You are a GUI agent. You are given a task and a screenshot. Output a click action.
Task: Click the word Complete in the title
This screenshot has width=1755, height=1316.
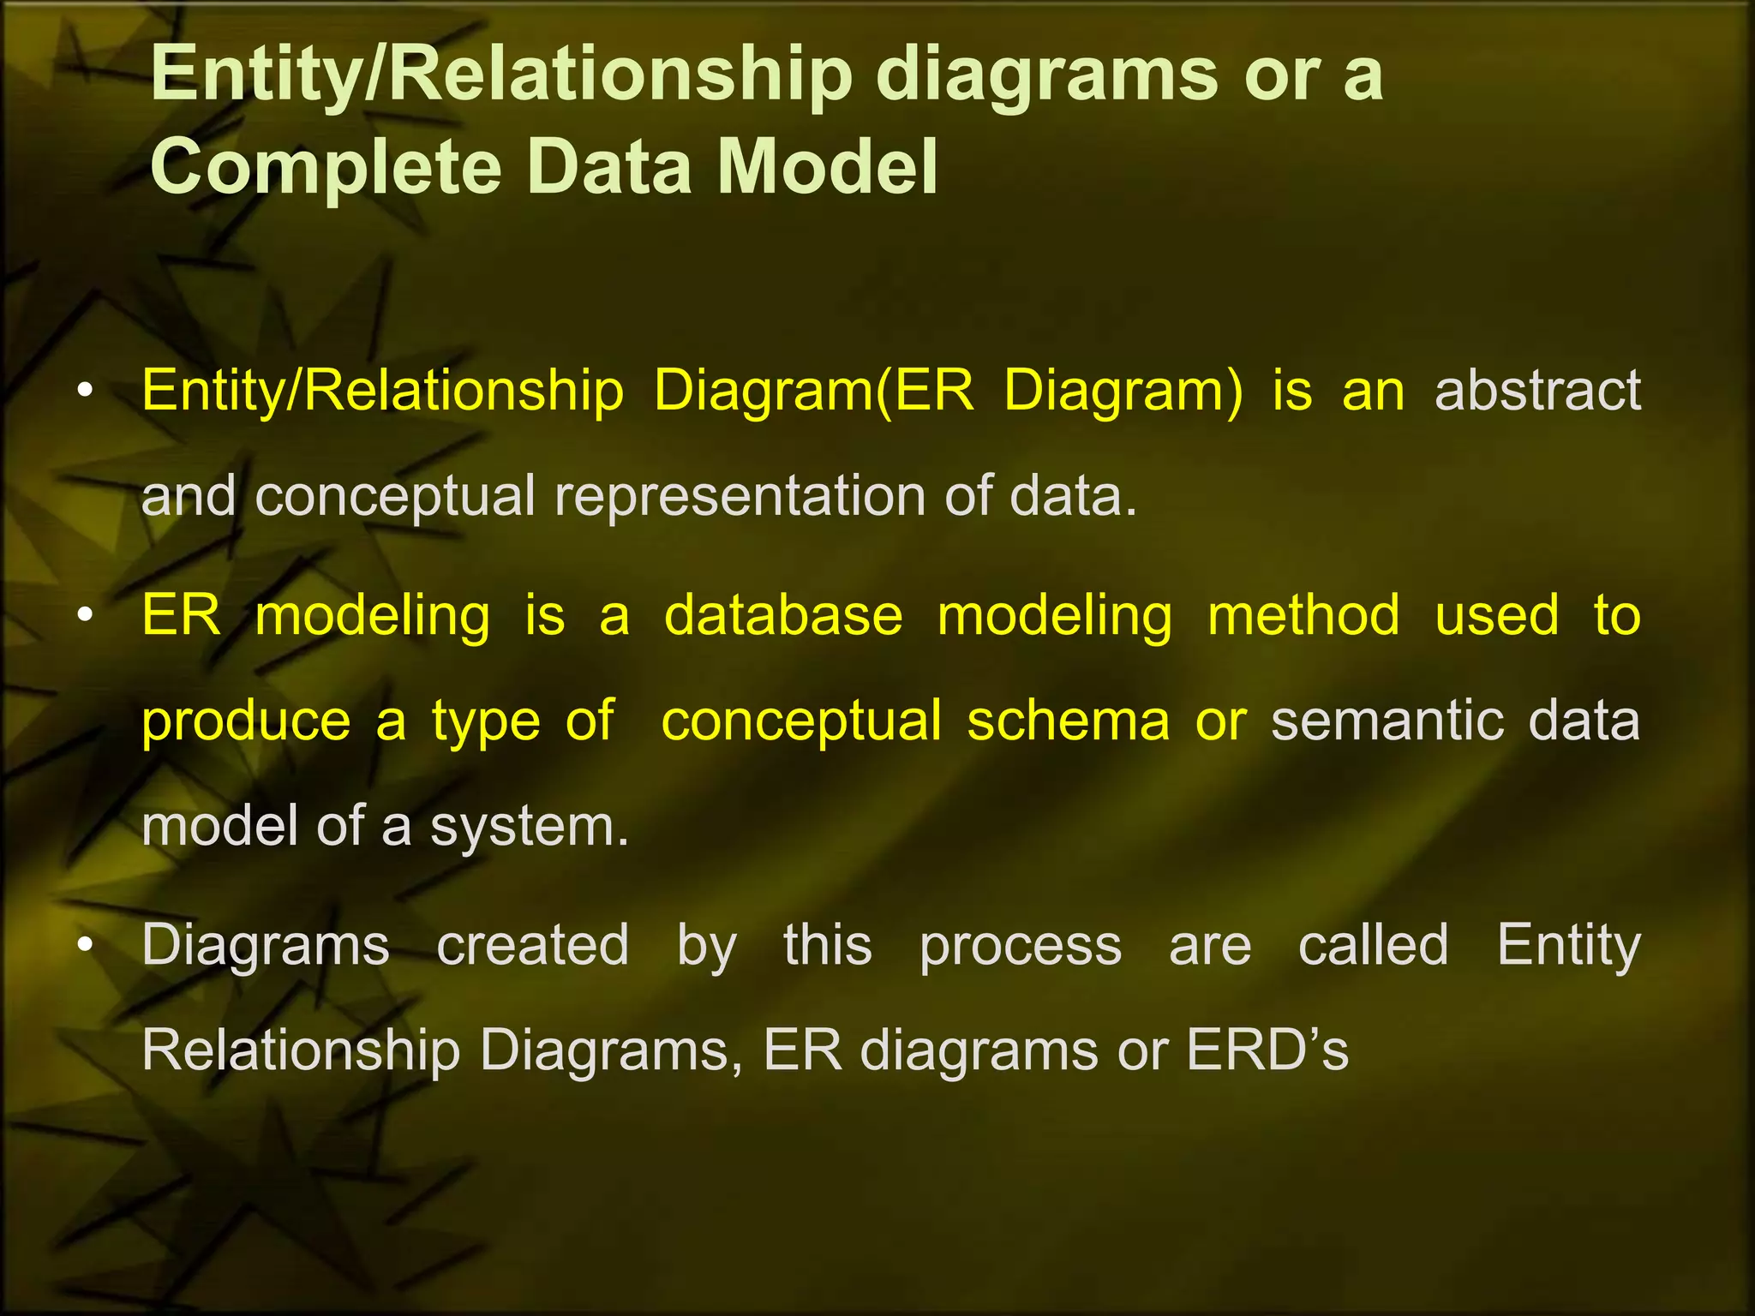(x=325, y=167)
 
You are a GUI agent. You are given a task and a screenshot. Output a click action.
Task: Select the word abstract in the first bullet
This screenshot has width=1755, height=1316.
(x=1537, y=391)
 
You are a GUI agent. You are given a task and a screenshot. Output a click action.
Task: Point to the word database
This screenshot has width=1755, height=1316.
(x=783, y=616)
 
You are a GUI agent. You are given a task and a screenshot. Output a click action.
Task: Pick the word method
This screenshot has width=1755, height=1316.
(x=1303, y=616)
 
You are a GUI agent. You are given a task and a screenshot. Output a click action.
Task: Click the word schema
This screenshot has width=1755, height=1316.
(x=1068, y=721)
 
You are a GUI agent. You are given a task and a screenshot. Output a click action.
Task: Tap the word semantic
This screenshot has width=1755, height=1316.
(x=1387, y=721)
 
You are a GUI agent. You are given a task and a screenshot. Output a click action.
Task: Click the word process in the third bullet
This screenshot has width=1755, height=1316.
(x=1021, y=946)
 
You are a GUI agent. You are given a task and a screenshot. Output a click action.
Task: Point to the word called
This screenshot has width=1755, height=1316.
(x=1374, y=946)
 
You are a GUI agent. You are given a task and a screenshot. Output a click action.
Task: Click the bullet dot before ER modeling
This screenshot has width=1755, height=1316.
(x=83, y=617)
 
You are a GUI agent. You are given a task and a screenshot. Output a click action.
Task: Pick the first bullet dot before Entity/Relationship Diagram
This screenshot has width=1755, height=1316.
(x=83, y=392)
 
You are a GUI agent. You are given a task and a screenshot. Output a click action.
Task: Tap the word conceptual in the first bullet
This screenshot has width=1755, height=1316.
(x=395, y=497)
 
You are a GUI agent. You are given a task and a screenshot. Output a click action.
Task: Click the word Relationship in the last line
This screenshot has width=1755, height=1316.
(x=301, y=1051)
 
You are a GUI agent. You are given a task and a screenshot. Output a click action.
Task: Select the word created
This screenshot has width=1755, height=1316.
(x=533, y=946)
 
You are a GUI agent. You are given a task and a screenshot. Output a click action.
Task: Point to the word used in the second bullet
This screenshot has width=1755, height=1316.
(x=1496, y=616)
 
